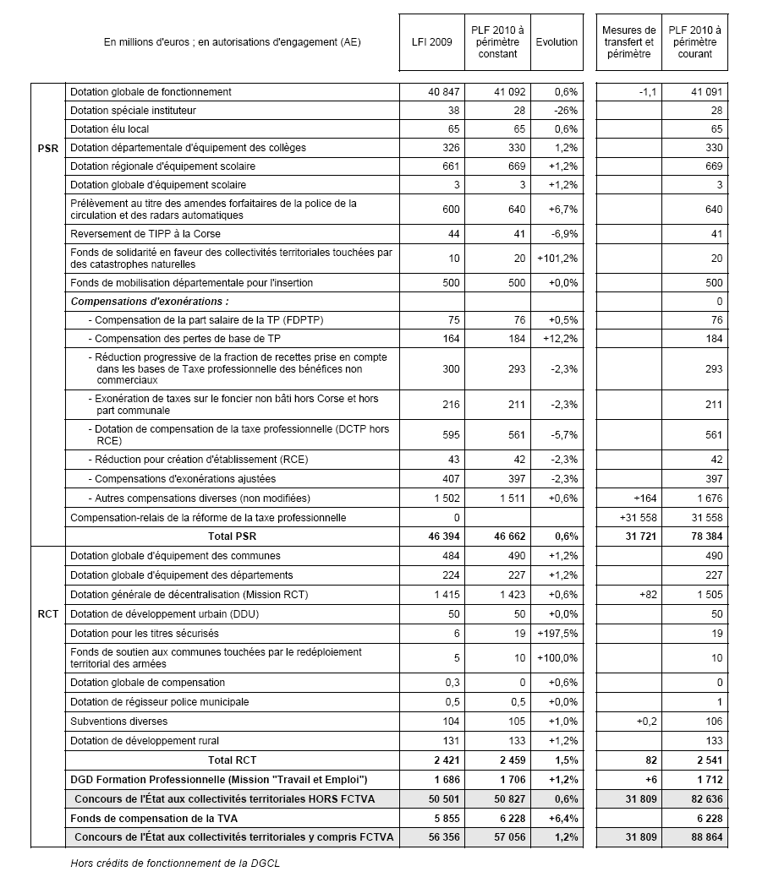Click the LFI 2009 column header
click(x=434, y=42)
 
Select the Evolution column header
click(x=557, y=42)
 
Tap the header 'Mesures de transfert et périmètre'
click(x=628, y=42)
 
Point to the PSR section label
click(x=48, y=148)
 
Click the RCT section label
click(x=48, y=613)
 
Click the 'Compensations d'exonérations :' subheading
click(x=150, y=302)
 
